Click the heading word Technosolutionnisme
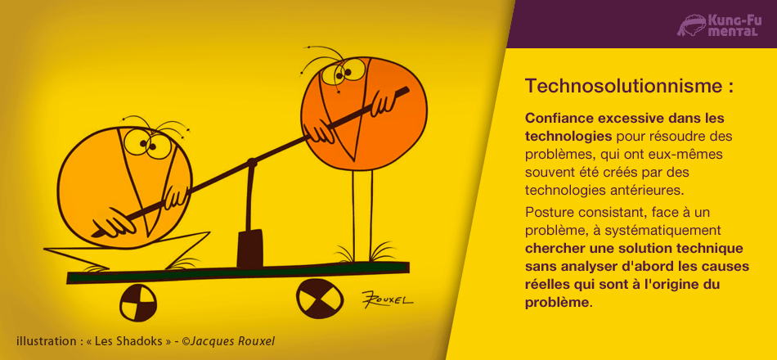(623, 85)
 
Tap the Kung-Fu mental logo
(718, 25)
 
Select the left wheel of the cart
(138, 304)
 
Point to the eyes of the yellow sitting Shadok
(147, 144)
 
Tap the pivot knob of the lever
(252, 162)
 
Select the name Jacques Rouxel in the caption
(232, 341)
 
